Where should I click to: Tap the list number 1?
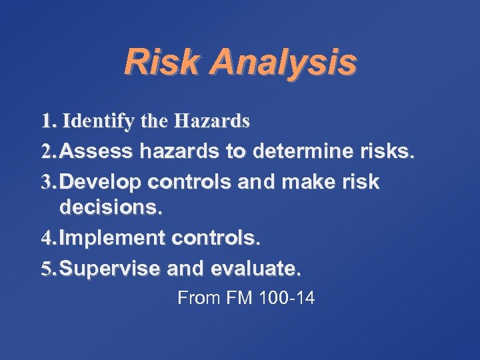[46, 121]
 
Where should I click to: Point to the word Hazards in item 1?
[211, 121]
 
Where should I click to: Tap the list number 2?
[46, 153]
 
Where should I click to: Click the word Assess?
[99, 153]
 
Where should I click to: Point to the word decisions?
[111, 207]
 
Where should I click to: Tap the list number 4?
[46, 239]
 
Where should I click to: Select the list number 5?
[46, 269]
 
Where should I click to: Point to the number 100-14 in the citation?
[287, 298]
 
